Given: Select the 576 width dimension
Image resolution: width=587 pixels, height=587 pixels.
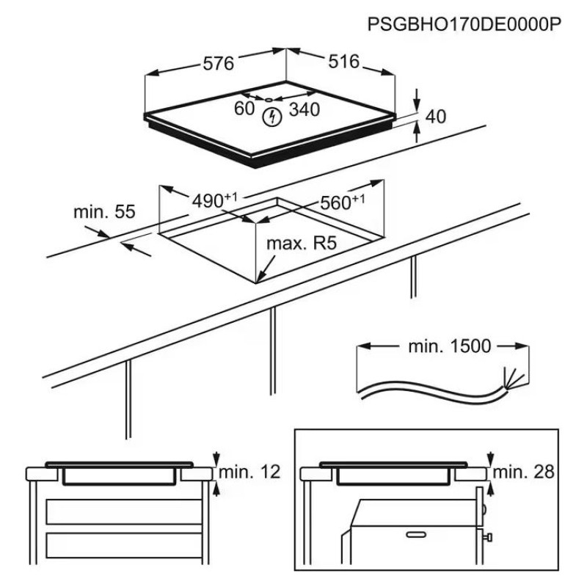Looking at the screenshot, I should coord(217,64).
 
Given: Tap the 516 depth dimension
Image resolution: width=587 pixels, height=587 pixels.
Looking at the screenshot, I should coord(343,62).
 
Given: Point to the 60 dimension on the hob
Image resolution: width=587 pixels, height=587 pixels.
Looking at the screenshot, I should coord(244,109).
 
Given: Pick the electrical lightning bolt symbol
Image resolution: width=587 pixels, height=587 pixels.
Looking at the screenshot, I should coord(272,115).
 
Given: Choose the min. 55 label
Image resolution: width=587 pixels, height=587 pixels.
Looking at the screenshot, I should coord(104,212).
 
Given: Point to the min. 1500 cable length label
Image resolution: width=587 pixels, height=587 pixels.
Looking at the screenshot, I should coord(449,346).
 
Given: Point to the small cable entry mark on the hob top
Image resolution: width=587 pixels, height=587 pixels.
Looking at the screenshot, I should coord(269,98).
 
